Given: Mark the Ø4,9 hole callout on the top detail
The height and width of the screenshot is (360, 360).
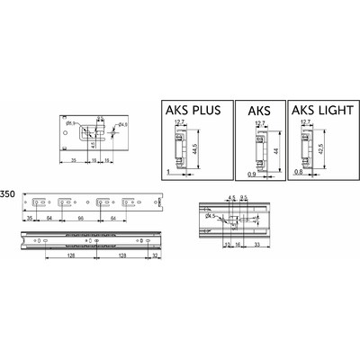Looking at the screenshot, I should pos(122,123).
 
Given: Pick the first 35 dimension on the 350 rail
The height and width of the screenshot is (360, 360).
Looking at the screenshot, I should pos(30,218).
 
